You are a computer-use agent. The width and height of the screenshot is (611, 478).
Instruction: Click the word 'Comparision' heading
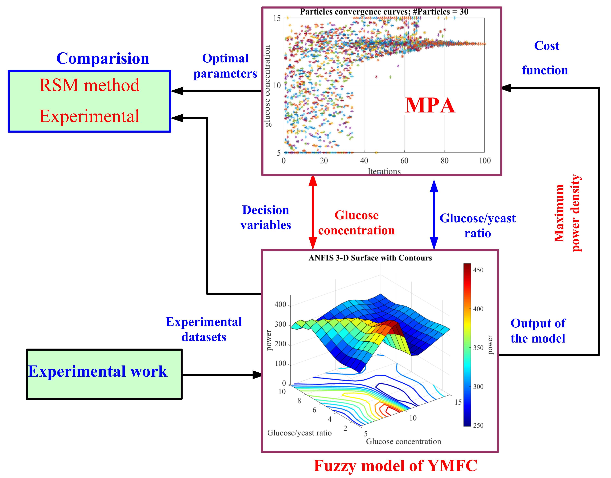(103, 59)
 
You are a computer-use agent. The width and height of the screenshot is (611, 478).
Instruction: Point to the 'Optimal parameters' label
(225, 66)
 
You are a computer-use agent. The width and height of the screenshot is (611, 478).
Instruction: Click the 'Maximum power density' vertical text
(568, 213)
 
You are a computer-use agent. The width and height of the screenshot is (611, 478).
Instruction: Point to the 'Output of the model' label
(538, 331)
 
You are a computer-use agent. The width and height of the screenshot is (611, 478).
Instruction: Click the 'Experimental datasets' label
(204, 329)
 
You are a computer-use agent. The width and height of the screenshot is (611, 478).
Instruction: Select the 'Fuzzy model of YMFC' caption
(395, 466)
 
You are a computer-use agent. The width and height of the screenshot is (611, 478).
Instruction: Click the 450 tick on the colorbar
(478, 270)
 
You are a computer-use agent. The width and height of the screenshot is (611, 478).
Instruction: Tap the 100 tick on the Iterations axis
(485, 161)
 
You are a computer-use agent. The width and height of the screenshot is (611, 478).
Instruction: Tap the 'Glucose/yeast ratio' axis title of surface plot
(299, 433)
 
